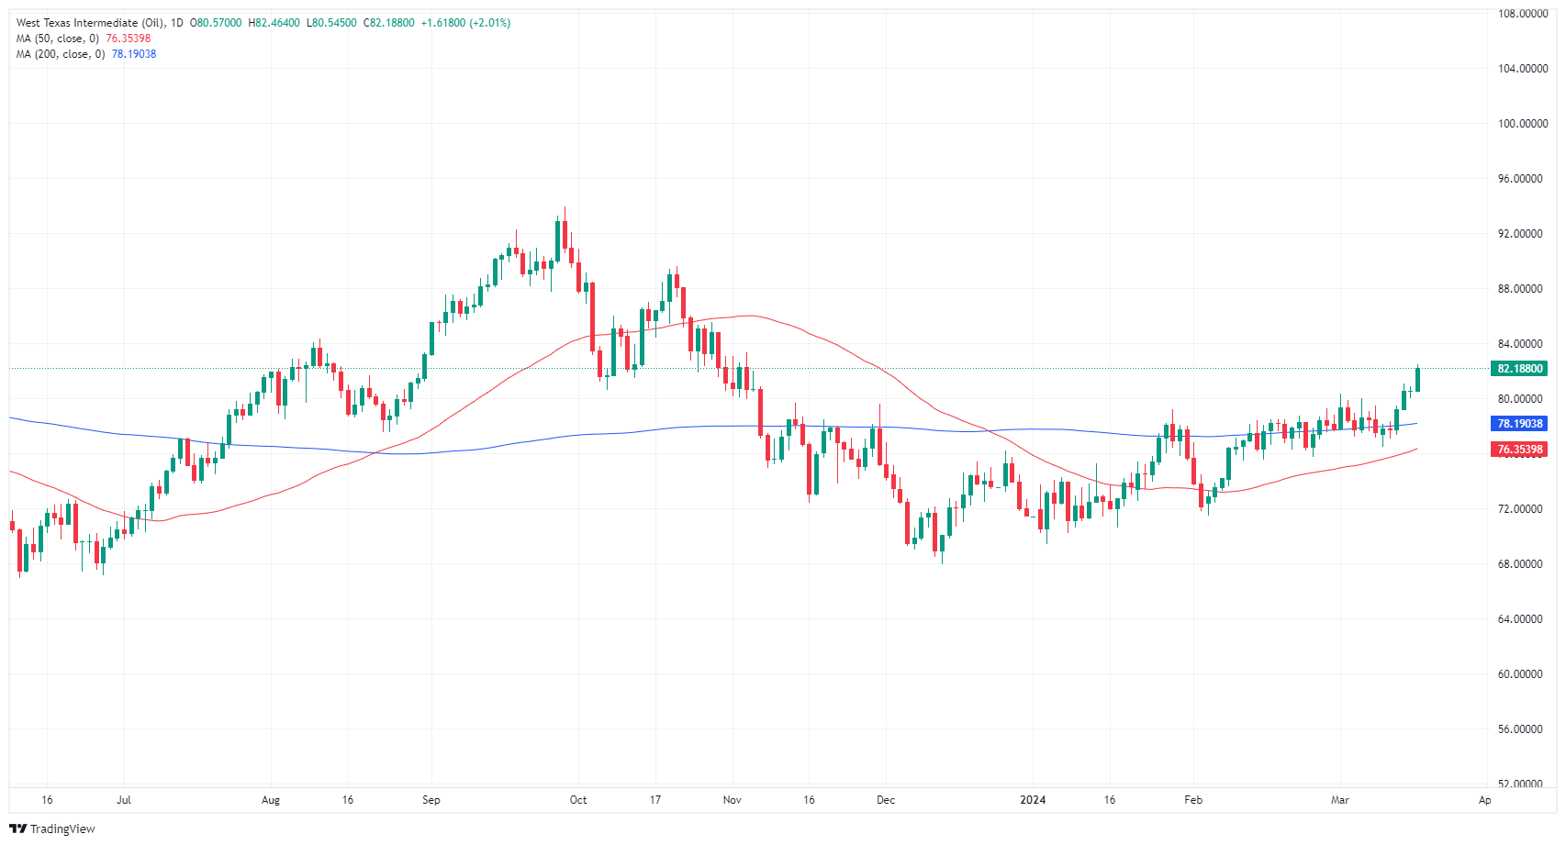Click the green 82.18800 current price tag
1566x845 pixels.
[x=1520, y=369]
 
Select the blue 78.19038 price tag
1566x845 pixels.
[x=1520, y=424]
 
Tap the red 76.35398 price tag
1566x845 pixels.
[x=1520, y=450]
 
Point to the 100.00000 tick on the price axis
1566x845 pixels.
[x=1519, y=124]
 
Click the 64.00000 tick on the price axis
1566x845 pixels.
[x=1519, y=619]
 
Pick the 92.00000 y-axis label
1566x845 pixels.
[x=1519, y=234]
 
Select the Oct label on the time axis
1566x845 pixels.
[x=578, y=800]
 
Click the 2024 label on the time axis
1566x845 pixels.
[x=1033, y=800]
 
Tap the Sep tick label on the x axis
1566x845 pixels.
[x=431, y=800]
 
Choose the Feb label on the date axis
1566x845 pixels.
[x=1192, y=800]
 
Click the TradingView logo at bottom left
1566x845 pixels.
[x=52, y=828]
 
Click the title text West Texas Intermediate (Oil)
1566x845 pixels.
[x=90, y=23]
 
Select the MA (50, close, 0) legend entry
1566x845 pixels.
[x=57, y=39]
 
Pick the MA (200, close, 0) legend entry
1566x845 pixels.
[x=60, y=54]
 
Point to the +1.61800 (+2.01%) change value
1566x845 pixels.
[x=465, y=23]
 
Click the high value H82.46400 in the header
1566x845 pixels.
[x=274, y=23]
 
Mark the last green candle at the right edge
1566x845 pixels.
[x=1418, y=379]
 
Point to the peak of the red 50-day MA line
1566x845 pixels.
[x=751, y=316]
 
